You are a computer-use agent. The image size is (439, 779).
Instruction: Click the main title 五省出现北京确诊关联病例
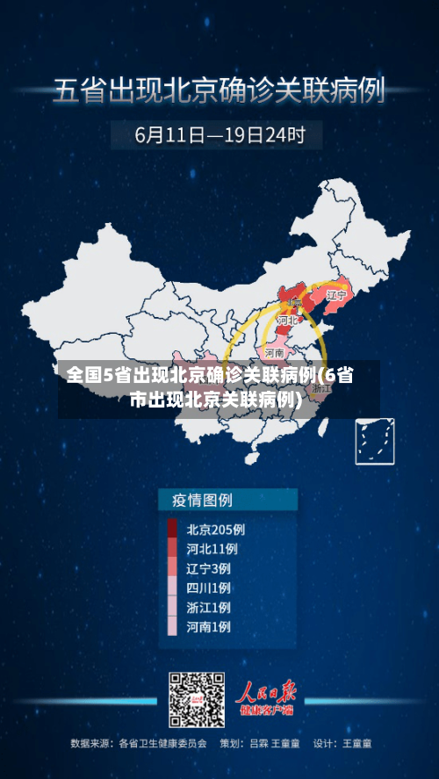[x=219, y=91]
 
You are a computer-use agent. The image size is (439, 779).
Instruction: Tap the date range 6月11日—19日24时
[x=219, y=135]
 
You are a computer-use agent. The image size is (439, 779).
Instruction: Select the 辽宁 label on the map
[x=337, y=296]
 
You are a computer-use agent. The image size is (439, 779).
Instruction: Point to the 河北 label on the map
[x=287, y=321]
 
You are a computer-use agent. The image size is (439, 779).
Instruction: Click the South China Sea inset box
[x=374, y=442]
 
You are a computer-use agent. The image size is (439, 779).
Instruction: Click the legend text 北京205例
[x=215, y=530]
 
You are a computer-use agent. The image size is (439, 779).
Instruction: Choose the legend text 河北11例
[x=212, y=549]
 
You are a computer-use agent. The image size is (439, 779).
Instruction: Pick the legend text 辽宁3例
[x=208, y=568]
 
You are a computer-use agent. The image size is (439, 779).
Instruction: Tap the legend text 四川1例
[x=208, y=588]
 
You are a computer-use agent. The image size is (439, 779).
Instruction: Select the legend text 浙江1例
[x=208, y=607]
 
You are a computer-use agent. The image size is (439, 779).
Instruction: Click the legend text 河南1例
[x=208, y=626]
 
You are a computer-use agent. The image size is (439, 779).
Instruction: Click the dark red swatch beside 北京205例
[x=172, y=530]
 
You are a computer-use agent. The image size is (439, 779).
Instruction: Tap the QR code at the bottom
[x=196, y=700]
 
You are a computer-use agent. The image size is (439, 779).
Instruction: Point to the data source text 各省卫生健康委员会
[x=162, y=743]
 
